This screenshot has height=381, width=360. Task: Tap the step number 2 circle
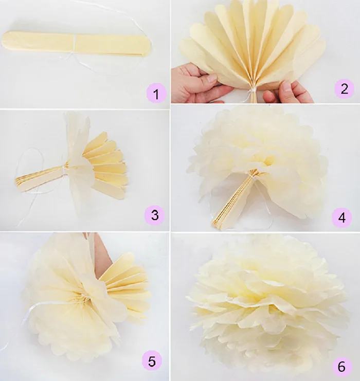[345, 88]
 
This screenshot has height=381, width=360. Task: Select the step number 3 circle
[155, 215]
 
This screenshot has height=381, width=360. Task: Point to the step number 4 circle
[341, 217]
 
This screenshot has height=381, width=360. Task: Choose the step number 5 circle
[152, 361]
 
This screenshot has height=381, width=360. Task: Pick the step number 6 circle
[341, 367]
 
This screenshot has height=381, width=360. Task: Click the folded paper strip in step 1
[77, 44]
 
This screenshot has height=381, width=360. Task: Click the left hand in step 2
[196, 83]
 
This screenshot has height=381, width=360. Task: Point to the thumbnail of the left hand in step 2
[212, 78]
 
